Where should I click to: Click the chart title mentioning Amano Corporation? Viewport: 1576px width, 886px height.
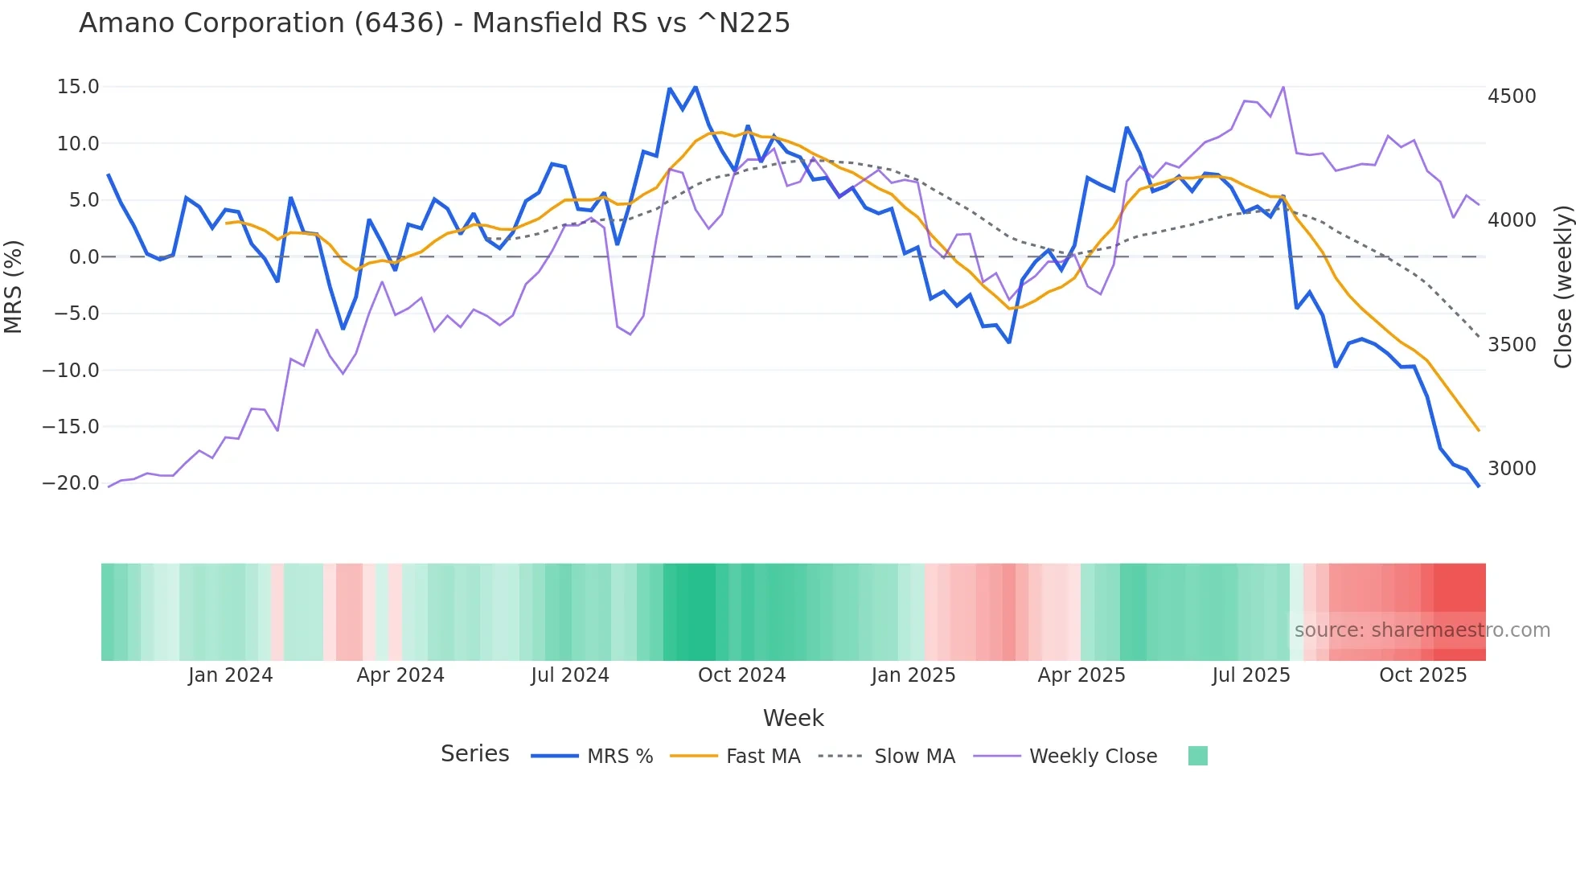[434, 23]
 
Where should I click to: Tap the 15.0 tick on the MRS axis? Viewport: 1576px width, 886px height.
[78, 87]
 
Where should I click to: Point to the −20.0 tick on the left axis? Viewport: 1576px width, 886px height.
[71, 483]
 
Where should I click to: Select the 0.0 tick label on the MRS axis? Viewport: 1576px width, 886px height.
[84, 257]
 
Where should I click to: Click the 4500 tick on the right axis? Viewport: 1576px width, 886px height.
[1512, 96]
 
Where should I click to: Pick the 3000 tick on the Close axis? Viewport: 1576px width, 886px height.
[1512, 469]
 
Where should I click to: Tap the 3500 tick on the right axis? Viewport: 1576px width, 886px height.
[1512, 345]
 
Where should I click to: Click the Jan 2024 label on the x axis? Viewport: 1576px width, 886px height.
[231, 675]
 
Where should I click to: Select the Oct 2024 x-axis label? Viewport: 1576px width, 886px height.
[741, 675]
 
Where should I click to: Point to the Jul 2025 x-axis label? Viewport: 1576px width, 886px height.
[1251, 675]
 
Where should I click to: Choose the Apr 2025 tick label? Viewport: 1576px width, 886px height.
[1081, 675]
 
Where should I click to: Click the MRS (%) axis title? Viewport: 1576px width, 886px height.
[14, 286]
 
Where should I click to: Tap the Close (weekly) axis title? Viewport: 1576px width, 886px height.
[1562, 286]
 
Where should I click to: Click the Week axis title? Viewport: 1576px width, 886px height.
[793, 718]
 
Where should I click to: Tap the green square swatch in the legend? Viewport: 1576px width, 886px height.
[1197, 756]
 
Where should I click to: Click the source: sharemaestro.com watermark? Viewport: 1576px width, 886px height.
[1422, 630]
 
